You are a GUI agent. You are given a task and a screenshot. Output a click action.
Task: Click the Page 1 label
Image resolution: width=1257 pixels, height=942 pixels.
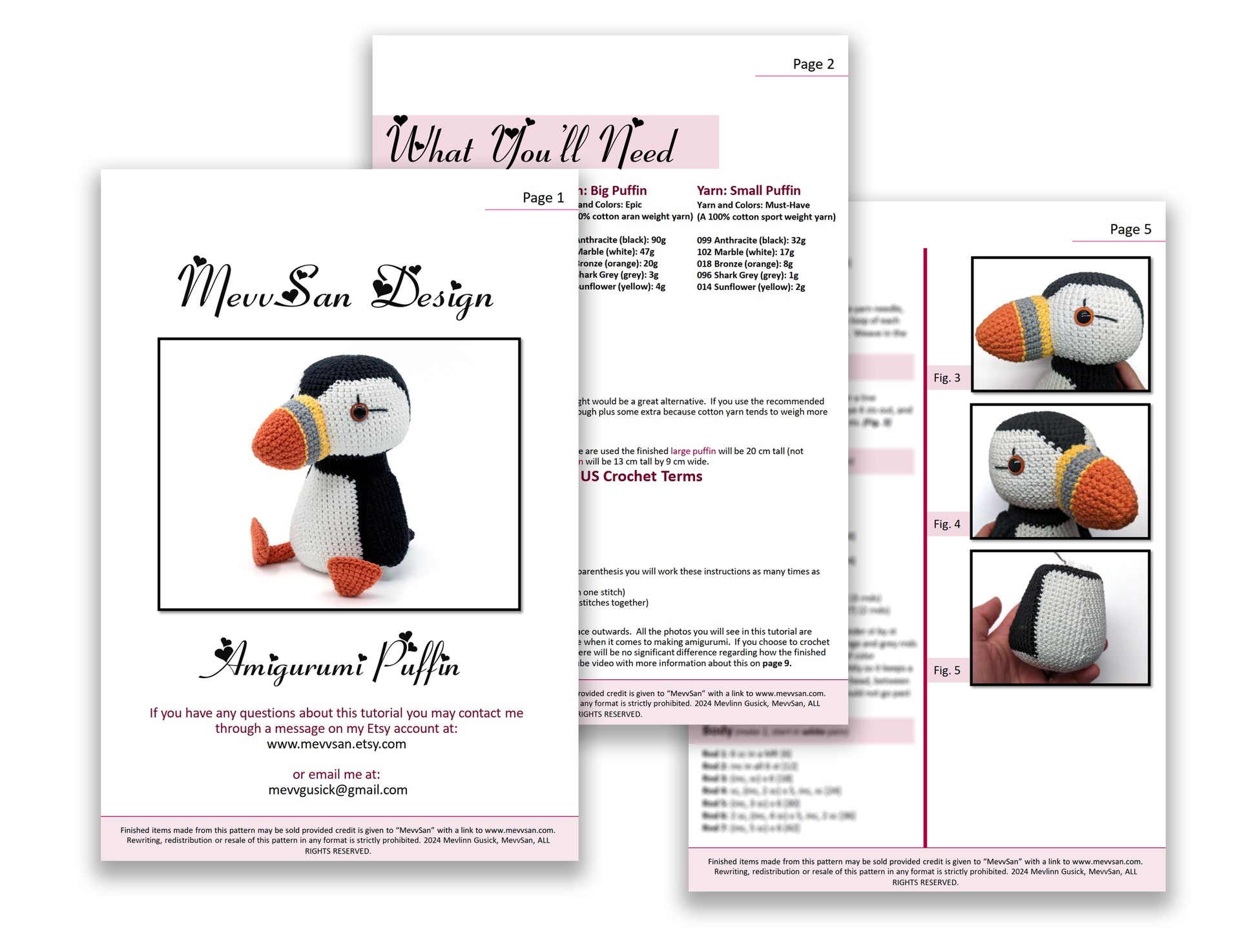pos(543,198)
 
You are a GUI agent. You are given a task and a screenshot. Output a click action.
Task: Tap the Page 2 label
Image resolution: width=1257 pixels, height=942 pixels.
pos(813,64)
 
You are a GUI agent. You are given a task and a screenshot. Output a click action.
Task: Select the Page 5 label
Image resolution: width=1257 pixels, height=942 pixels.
pos(1130,229)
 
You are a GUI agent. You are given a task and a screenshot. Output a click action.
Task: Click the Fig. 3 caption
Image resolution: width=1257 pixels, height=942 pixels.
pos(946,378)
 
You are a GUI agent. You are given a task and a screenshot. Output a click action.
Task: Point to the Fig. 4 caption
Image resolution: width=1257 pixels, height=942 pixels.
pos(946,524)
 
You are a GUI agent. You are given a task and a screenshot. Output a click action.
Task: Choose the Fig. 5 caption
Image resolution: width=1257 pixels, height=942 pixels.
pos(946,670)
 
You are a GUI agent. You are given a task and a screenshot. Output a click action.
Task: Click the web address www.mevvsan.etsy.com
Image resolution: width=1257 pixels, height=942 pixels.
pos(337,744)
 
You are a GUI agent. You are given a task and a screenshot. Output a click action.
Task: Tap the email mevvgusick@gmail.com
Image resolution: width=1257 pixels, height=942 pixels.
pos(338,790)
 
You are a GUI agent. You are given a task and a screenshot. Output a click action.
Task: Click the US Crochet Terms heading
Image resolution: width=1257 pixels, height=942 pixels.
pos(641,476)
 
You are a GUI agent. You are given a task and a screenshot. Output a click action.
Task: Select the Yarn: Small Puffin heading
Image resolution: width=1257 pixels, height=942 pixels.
pos(748,190)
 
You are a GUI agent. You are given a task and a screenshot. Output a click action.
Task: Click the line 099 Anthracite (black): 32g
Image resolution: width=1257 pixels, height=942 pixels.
pos(751,240)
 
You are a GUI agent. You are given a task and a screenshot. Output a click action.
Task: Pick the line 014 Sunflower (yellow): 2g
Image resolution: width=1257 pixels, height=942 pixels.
pos(751,287)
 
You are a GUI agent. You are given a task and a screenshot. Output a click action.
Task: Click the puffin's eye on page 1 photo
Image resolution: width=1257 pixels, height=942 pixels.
pos(359,411)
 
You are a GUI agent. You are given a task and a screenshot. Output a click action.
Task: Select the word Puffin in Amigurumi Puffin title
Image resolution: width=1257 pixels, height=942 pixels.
pos(417,662)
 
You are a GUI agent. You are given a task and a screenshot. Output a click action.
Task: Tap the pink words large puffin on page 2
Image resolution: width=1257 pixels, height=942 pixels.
pos(692,451)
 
